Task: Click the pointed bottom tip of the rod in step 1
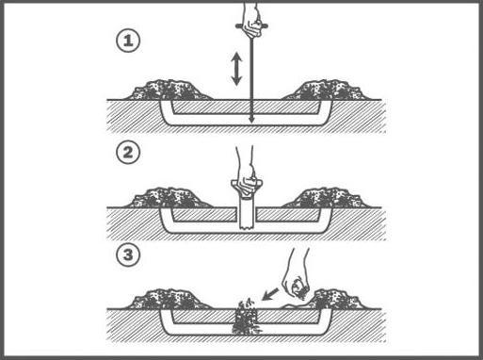pyautogui.click(x=251, y=121)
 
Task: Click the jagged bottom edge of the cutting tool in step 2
pyautogui.click(x=247, y=227)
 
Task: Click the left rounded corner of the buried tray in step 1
pyautogui.click(x=167, y=120)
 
